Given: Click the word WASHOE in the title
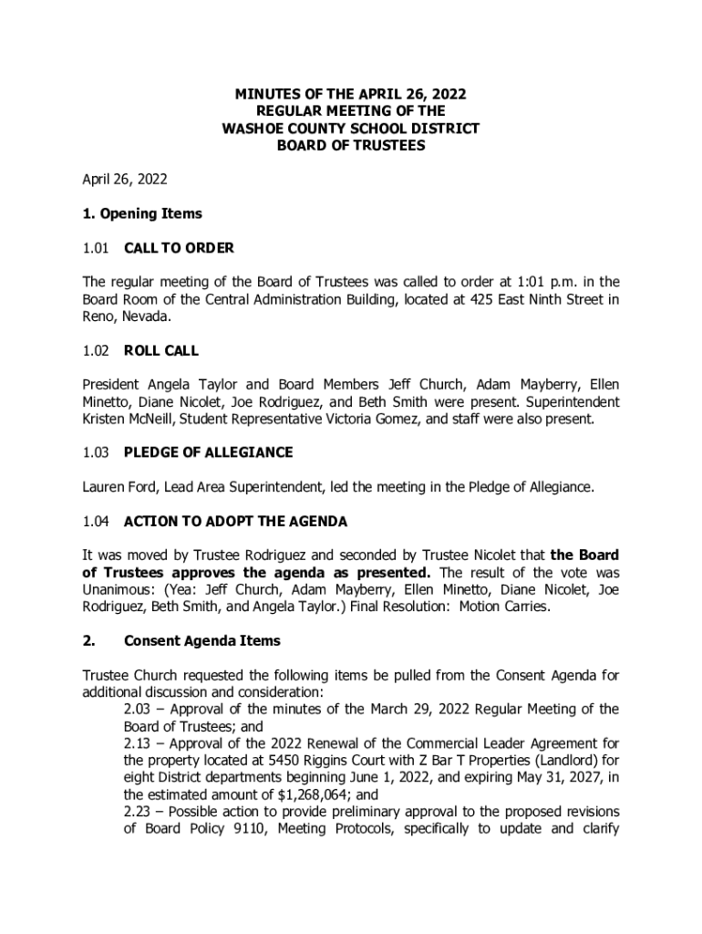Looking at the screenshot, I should pos(253,129).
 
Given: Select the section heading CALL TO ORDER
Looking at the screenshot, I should pos(179,248).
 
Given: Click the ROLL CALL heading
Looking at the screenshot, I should pos(161,351).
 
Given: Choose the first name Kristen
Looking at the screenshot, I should pos(106,420).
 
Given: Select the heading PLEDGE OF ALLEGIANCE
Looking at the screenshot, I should pos(208,453).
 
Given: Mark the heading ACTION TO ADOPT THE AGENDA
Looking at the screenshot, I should pos(235,523).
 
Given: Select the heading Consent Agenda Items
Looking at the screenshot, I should pos(201,641).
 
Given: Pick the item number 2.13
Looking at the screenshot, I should pos(139,743).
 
